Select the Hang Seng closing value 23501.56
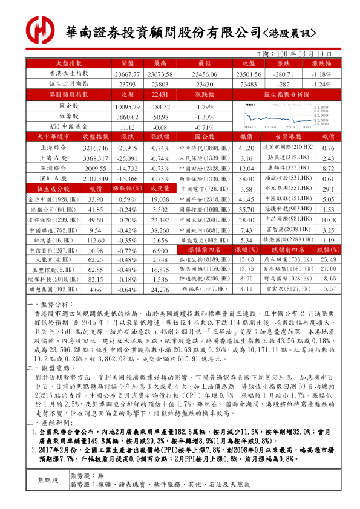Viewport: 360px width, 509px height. coord(247,74)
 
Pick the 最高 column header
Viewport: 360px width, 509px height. coord(160,63)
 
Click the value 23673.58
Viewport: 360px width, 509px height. coord(160,74)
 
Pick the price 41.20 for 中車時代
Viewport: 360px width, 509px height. coord(245,148)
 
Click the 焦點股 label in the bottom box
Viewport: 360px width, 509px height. coord(48,480)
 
